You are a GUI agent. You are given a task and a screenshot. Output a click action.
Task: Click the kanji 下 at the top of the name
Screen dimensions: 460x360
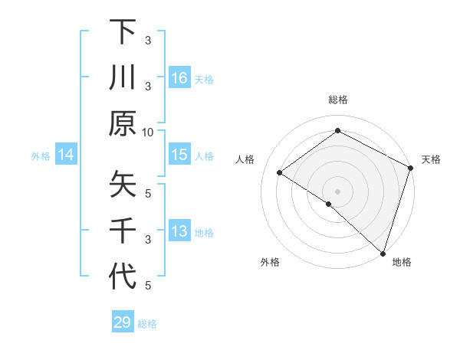coord(123,31)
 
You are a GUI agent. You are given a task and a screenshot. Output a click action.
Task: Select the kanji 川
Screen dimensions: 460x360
coord(123,77)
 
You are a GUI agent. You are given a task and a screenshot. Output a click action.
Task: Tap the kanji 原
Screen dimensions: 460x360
coord(123,123)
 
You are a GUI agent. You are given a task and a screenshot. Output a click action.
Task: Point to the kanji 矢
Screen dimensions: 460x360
coord(123,184)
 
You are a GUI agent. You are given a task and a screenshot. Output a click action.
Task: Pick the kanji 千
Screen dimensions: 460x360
coord(123,230)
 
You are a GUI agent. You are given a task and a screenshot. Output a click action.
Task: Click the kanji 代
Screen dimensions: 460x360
coord(123,276)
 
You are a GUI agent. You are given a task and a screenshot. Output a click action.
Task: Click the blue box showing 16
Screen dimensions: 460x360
coord(179,78)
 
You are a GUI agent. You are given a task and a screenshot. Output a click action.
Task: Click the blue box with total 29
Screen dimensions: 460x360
coord(123,322)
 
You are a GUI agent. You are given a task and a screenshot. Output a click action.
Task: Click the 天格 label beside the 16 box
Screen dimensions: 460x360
coord(204,79)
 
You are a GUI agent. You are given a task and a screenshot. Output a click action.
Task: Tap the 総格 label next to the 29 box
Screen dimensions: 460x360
coord(147,324)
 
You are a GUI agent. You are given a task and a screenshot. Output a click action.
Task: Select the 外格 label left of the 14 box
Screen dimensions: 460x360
coord(41,156)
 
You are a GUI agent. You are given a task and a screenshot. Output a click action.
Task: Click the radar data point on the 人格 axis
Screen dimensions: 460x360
coord(280,173)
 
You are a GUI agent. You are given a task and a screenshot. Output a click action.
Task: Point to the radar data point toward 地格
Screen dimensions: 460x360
coord(383,252)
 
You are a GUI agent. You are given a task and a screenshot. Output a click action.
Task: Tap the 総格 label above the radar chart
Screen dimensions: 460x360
coord(338,100)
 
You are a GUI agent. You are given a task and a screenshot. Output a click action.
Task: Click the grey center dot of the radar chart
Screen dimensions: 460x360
coord(338,191)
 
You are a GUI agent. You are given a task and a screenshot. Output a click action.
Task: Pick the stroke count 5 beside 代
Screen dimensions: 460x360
coord(149,286)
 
